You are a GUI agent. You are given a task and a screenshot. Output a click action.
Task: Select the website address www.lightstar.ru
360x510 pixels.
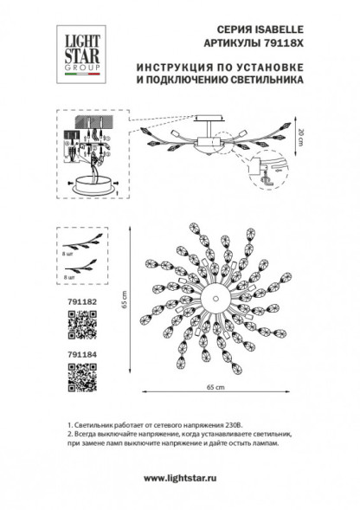[x=179, y=478]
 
